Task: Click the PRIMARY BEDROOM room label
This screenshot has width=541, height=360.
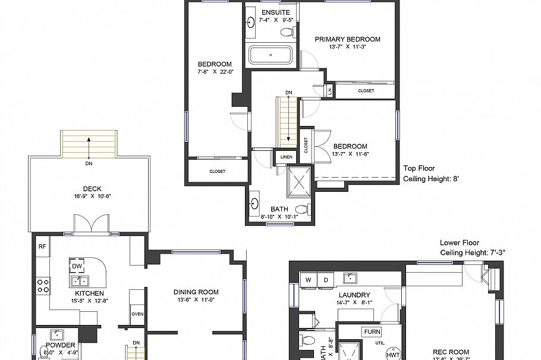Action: (x=347, y=39)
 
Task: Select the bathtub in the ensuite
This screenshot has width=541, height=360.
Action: (x=271, y=55)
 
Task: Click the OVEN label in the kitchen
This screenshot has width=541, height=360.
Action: (x=137, y=314)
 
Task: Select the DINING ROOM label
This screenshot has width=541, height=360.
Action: (x=196, y=292)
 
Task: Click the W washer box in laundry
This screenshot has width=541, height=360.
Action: (x=309, y=279)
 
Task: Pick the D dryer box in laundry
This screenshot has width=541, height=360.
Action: (x=326, y=279)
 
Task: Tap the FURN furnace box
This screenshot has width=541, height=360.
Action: (x=372, y=331)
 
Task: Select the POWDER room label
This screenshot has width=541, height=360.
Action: (x=60, y=345)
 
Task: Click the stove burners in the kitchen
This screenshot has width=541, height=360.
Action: (x=43, y=286)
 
